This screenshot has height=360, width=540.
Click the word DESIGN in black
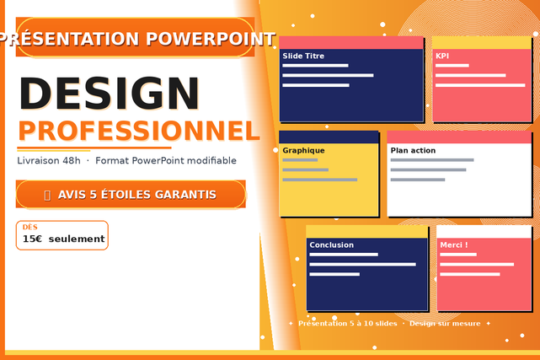tap(110, 94)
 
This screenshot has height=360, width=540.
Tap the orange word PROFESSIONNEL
tap(139, 131)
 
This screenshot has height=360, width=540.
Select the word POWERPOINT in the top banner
tap(211, 39)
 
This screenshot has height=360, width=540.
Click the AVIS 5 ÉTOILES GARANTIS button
tap(131, 194)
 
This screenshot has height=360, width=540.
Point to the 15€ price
tap(32, 239)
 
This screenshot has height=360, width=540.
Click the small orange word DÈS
tap(30, 227)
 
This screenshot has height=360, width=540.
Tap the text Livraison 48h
tap(49, 160)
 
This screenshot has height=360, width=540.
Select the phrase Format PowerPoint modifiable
tap(166, 160)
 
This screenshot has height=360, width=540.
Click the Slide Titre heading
tap(303, 56)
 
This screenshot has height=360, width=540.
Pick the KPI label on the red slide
tap(442, 56)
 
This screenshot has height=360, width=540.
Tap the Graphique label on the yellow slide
tap(303, 151)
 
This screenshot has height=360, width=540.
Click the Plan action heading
tap(413, 150)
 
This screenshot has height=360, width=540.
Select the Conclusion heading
tap(332, 245)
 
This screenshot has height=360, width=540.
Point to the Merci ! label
tap(454, 245)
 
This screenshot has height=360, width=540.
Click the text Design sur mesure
tap(445, 324)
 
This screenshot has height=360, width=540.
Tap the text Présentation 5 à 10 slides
tap(347, 324)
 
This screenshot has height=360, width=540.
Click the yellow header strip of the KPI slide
tap(482, 43)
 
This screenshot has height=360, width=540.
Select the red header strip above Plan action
tap(459, 137)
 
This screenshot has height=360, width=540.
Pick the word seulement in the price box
tap(77, 239)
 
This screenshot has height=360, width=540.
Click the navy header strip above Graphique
tap(329, 137)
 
